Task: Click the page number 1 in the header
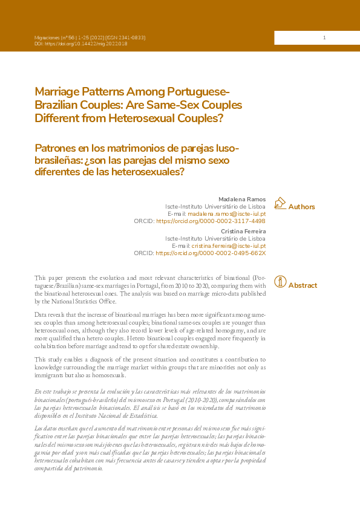pos(324,38)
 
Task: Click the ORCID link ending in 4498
pos(211,221)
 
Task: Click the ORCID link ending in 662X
pos(211,253)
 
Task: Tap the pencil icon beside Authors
pos(280,204)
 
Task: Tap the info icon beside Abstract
pos(280,282)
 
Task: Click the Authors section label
pos(301,207)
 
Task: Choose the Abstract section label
pos(303,285)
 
